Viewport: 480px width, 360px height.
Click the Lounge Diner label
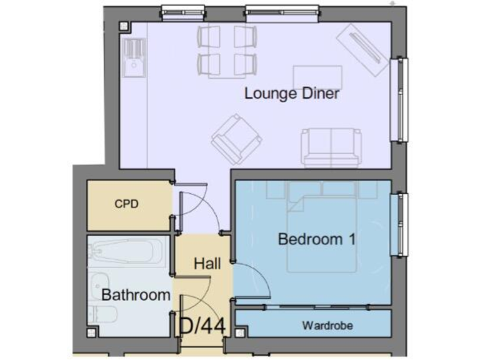tap(291, 94)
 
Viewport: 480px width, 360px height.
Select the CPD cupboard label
tap(126, 204)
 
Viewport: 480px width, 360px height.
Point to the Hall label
tap(207, 264)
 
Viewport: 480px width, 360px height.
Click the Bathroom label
tap(136, 295)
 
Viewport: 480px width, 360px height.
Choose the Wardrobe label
tap(327, 326)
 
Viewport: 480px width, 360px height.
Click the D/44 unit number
tap(202, 325)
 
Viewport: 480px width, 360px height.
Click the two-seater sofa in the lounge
tap(331, 147)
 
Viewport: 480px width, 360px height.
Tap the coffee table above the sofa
tap(317, 77)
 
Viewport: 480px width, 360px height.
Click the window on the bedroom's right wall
tap(398, 224)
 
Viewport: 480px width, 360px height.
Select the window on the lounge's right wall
tap(398, 99)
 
